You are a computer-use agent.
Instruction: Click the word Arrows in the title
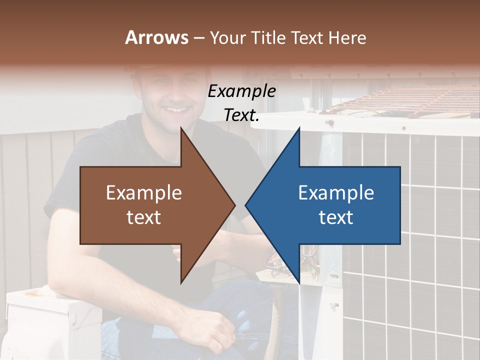coord(156,37)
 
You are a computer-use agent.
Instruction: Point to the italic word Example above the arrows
coord(242,91)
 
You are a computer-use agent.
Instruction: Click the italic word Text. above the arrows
coord(242,115)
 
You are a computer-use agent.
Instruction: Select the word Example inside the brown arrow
coord(144,192)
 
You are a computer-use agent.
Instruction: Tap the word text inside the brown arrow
coord(144,217)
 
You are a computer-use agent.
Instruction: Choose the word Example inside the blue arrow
coord(336,192)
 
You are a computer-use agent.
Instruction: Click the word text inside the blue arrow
coord(336,217)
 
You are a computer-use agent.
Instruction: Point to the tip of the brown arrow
coord(234,205)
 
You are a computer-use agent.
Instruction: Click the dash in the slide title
coord(198,38)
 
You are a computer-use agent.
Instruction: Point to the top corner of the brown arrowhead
coord(181,127)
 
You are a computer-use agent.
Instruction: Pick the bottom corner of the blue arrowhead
coord(299,283)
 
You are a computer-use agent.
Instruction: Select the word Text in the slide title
coord(308,37)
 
